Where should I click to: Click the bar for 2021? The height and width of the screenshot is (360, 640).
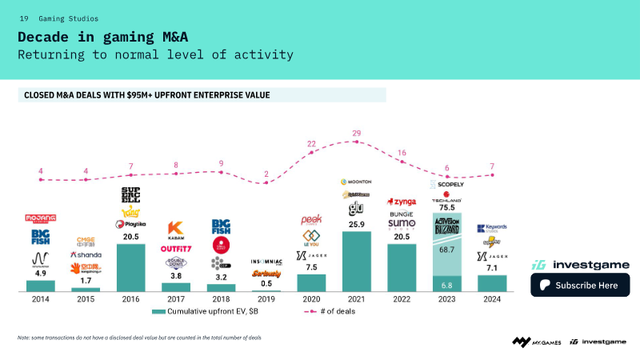click(356, 262)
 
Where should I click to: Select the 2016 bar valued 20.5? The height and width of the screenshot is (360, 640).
click(130, 267)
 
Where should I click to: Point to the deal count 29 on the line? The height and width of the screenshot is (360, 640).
click(356, 133)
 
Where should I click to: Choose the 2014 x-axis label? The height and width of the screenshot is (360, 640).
click(40, 299)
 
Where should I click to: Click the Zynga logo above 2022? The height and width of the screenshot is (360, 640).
click(402, 202)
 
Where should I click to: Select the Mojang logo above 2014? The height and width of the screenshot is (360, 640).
click(40, 218)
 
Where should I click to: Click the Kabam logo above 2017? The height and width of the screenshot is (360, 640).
click(176, 230)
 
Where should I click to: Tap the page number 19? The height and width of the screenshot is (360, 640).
click(24, 18)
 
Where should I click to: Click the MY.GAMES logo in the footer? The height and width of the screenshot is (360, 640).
click(537, 342)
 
